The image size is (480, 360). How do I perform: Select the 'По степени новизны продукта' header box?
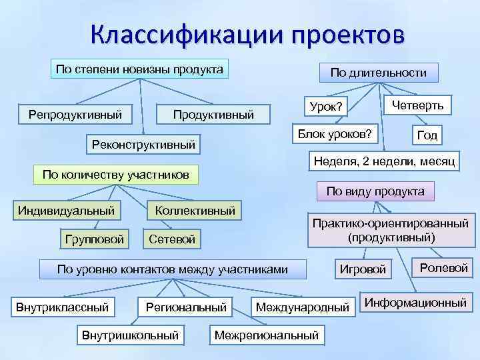click(x=139, y=69)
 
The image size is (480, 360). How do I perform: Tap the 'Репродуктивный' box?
click(x=75, y=114)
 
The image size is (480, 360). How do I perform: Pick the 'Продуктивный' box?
click(x=213, y=115)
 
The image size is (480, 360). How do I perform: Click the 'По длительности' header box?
click(x=379, y=73)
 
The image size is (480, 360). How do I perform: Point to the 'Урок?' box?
click(x=326, y=107)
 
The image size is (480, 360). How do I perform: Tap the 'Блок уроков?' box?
click(x=335, y=135)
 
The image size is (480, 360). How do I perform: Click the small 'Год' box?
click(x=427, y=135)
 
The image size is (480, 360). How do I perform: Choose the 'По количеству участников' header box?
click(x=115, y=175)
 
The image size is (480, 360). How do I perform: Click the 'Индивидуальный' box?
click(x=66, y=211)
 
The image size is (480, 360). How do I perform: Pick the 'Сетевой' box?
click(x=173, y=239)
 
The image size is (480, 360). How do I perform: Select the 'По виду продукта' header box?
click(x=375, y=191)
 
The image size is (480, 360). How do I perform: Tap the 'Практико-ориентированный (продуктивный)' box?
click(x=391, y=230)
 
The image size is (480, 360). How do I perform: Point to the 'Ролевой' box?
click(x=443, y=268)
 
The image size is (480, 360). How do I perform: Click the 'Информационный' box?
click(x=415, y=303)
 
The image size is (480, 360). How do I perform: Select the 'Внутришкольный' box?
click(x=130, y=335)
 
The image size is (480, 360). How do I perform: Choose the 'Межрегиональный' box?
click(x=267, y=335)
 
